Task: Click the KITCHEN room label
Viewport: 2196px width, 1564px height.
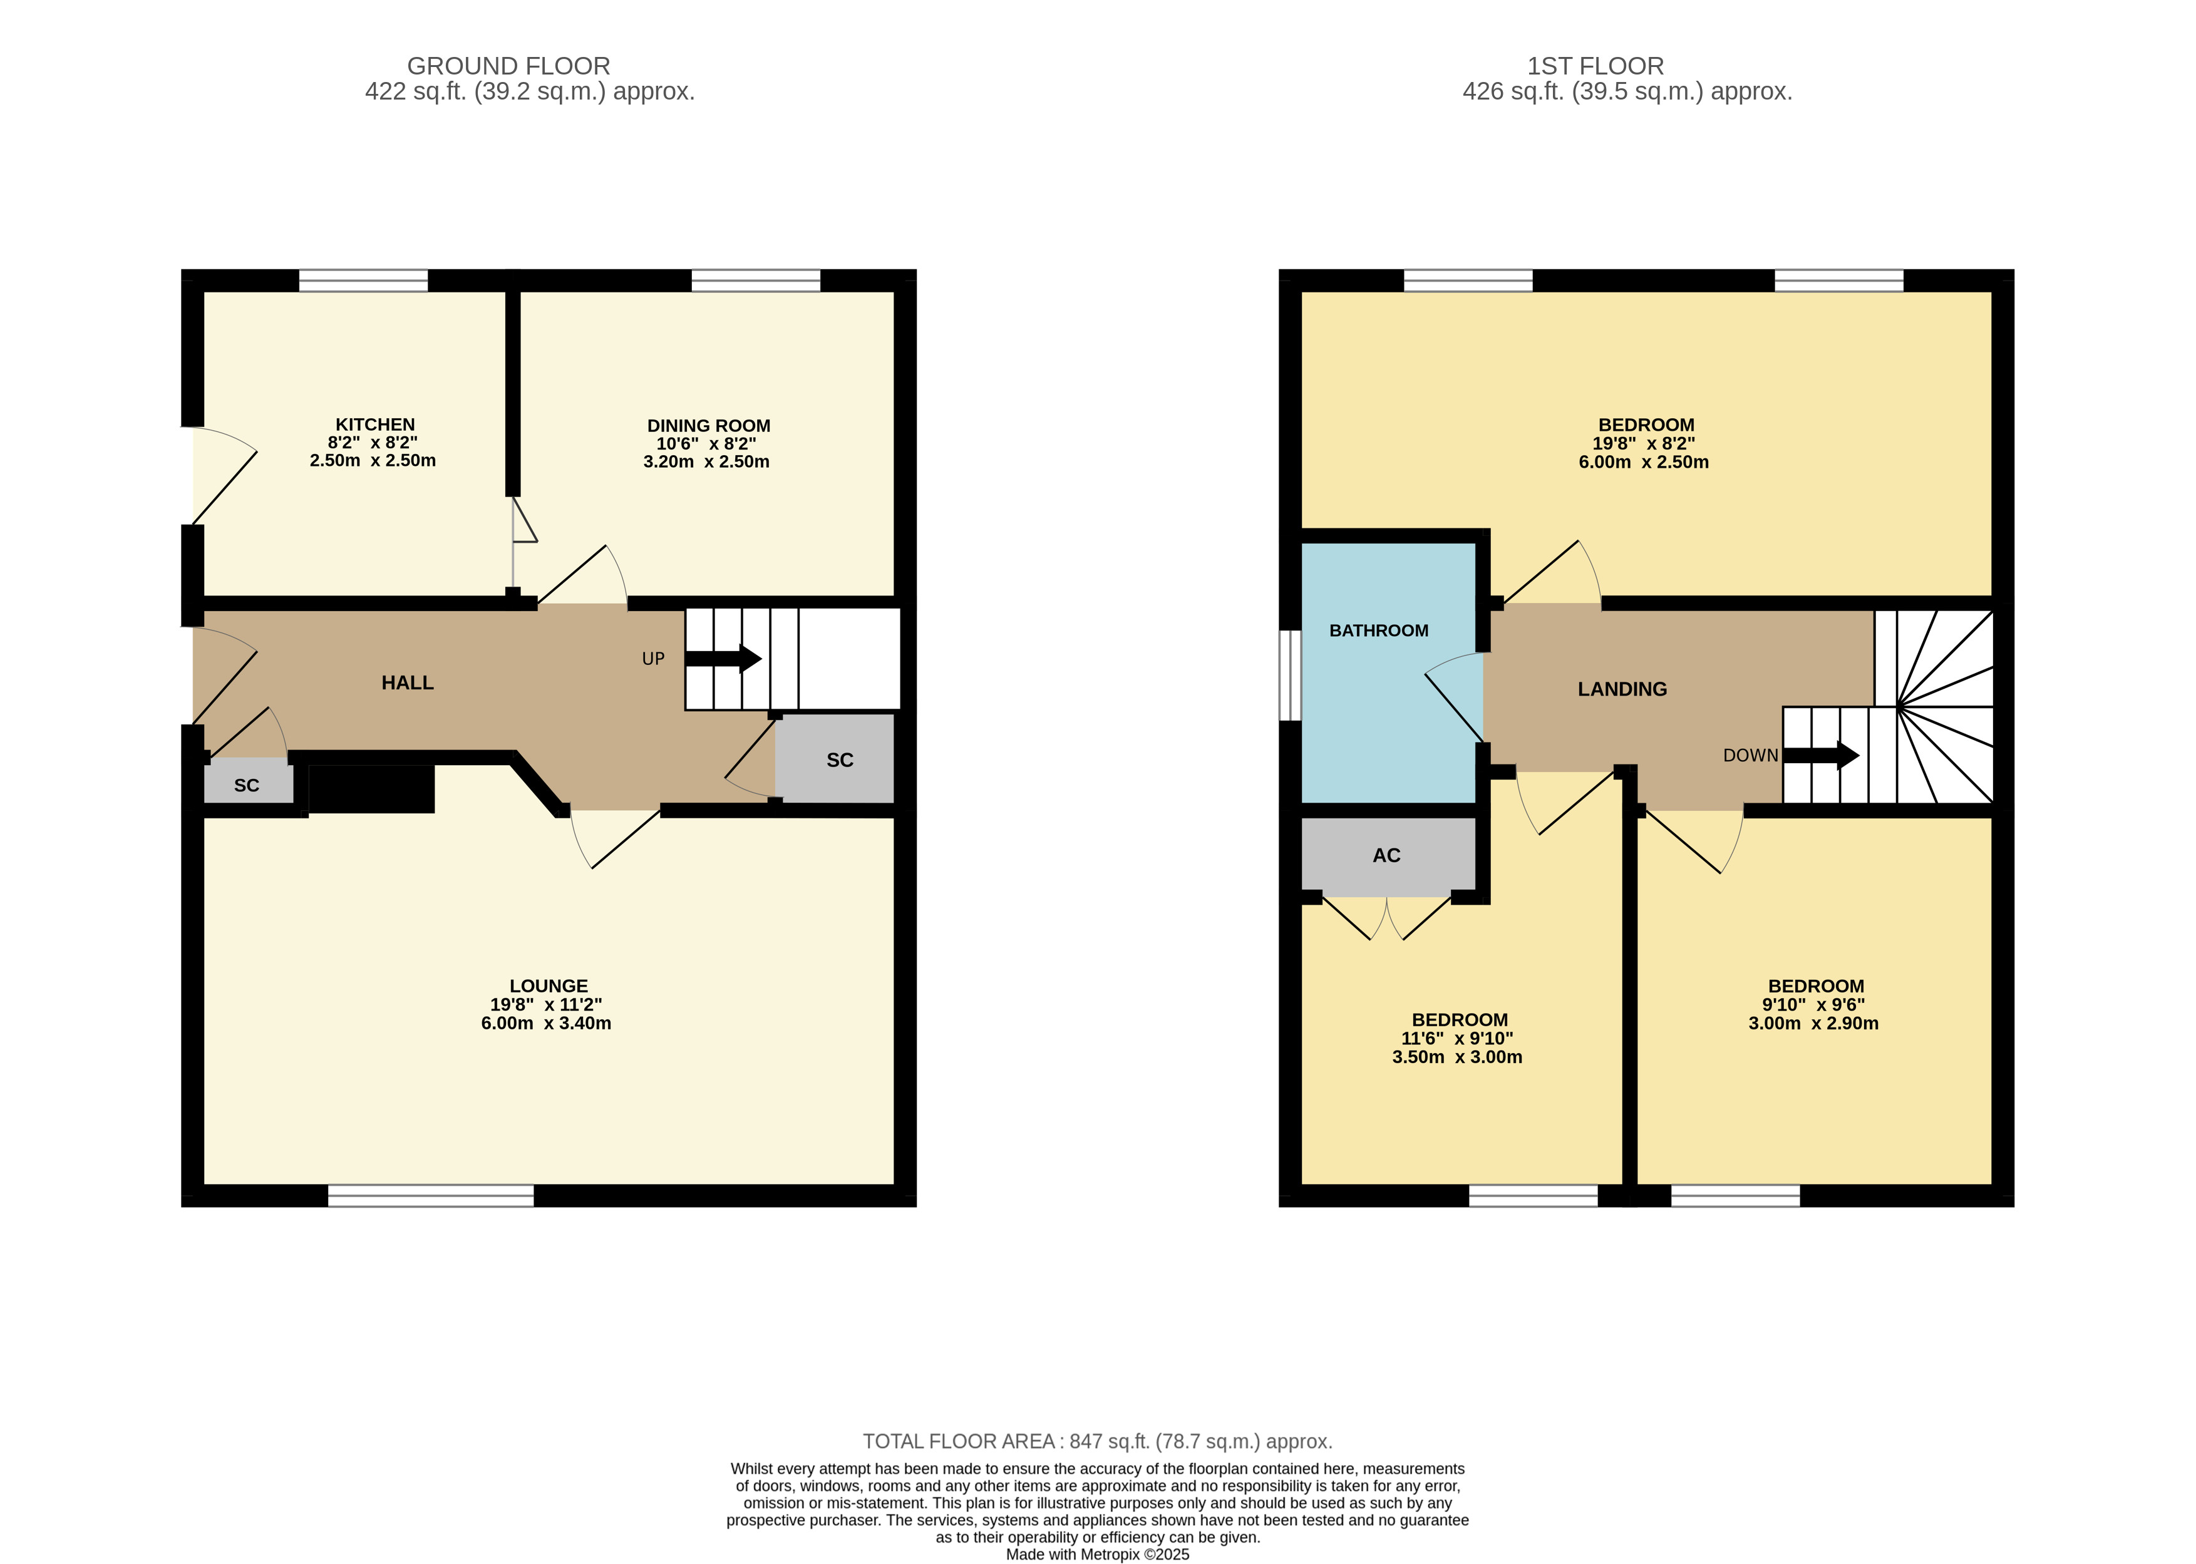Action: [374, 424]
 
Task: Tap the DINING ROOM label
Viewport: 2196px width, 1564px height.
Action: [708, 426]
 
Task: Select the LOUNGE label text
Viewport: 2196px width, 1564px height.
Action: [548, 986]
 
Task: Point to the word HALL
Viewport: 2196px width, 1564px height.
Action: [408, 683]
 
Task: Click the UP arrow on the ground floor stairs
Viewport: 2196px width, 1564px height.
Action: [723, 659]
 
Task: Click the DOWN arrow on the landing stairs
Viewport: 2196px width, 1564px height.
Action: [1820, 755]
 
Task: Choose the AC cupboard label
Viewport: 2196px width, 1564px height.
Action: [1386, 855]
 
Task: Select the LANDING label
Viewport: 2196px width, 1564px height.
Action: [1622, 689]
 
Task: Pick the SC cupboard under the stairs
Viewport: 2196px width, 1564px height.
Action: [835, 759]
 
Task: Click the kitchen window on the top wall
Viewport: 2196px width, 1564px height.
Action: [363, 280]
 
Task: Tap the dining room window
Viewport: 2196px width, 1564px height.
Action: [756, 280]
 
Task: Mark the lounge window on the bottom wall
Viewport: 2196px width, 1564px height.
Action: [431, 1195]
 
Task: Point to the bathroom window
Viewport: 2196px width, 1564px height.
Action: [1290, 675]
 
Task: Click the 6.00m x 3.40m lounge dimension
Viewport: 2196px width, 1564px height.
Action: [546, 1024]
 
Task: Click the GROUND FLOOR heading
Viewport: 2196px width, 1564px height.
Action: [508, 66]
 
